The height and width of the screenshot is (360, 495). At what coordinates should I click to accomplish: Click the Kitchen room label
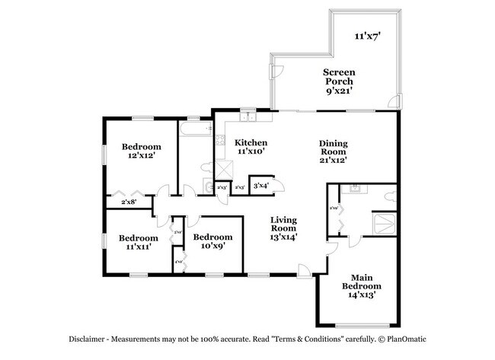pos(251,142)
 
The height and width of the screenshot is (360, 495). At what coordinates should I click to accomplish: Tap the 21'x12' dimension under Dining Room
pos(333,161)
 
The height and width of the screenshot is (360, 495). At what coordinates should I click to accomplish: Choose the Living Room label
pos(284,224)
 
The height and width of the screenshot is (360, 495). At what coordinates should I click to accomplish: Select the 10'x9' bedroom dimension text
pos(212,247)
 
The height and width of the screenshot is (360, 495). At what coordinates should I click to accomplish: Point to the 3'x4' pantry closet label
pos(260,185)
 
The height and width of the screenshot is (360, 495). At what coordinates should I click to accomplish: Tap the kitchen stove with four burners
pos(219,140)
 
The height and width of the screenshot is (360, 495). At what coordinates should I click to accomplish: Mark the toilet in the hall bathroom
pos(206,167)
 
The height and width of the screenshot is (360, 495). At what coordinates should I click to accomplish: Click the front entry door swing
pos(305,269)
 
